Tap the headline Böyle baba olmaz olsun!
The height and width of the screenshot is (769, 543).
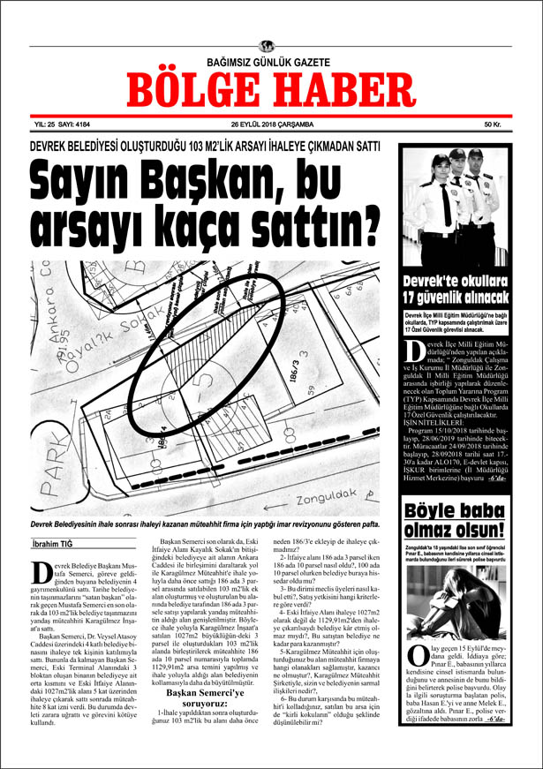point(454,521)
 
